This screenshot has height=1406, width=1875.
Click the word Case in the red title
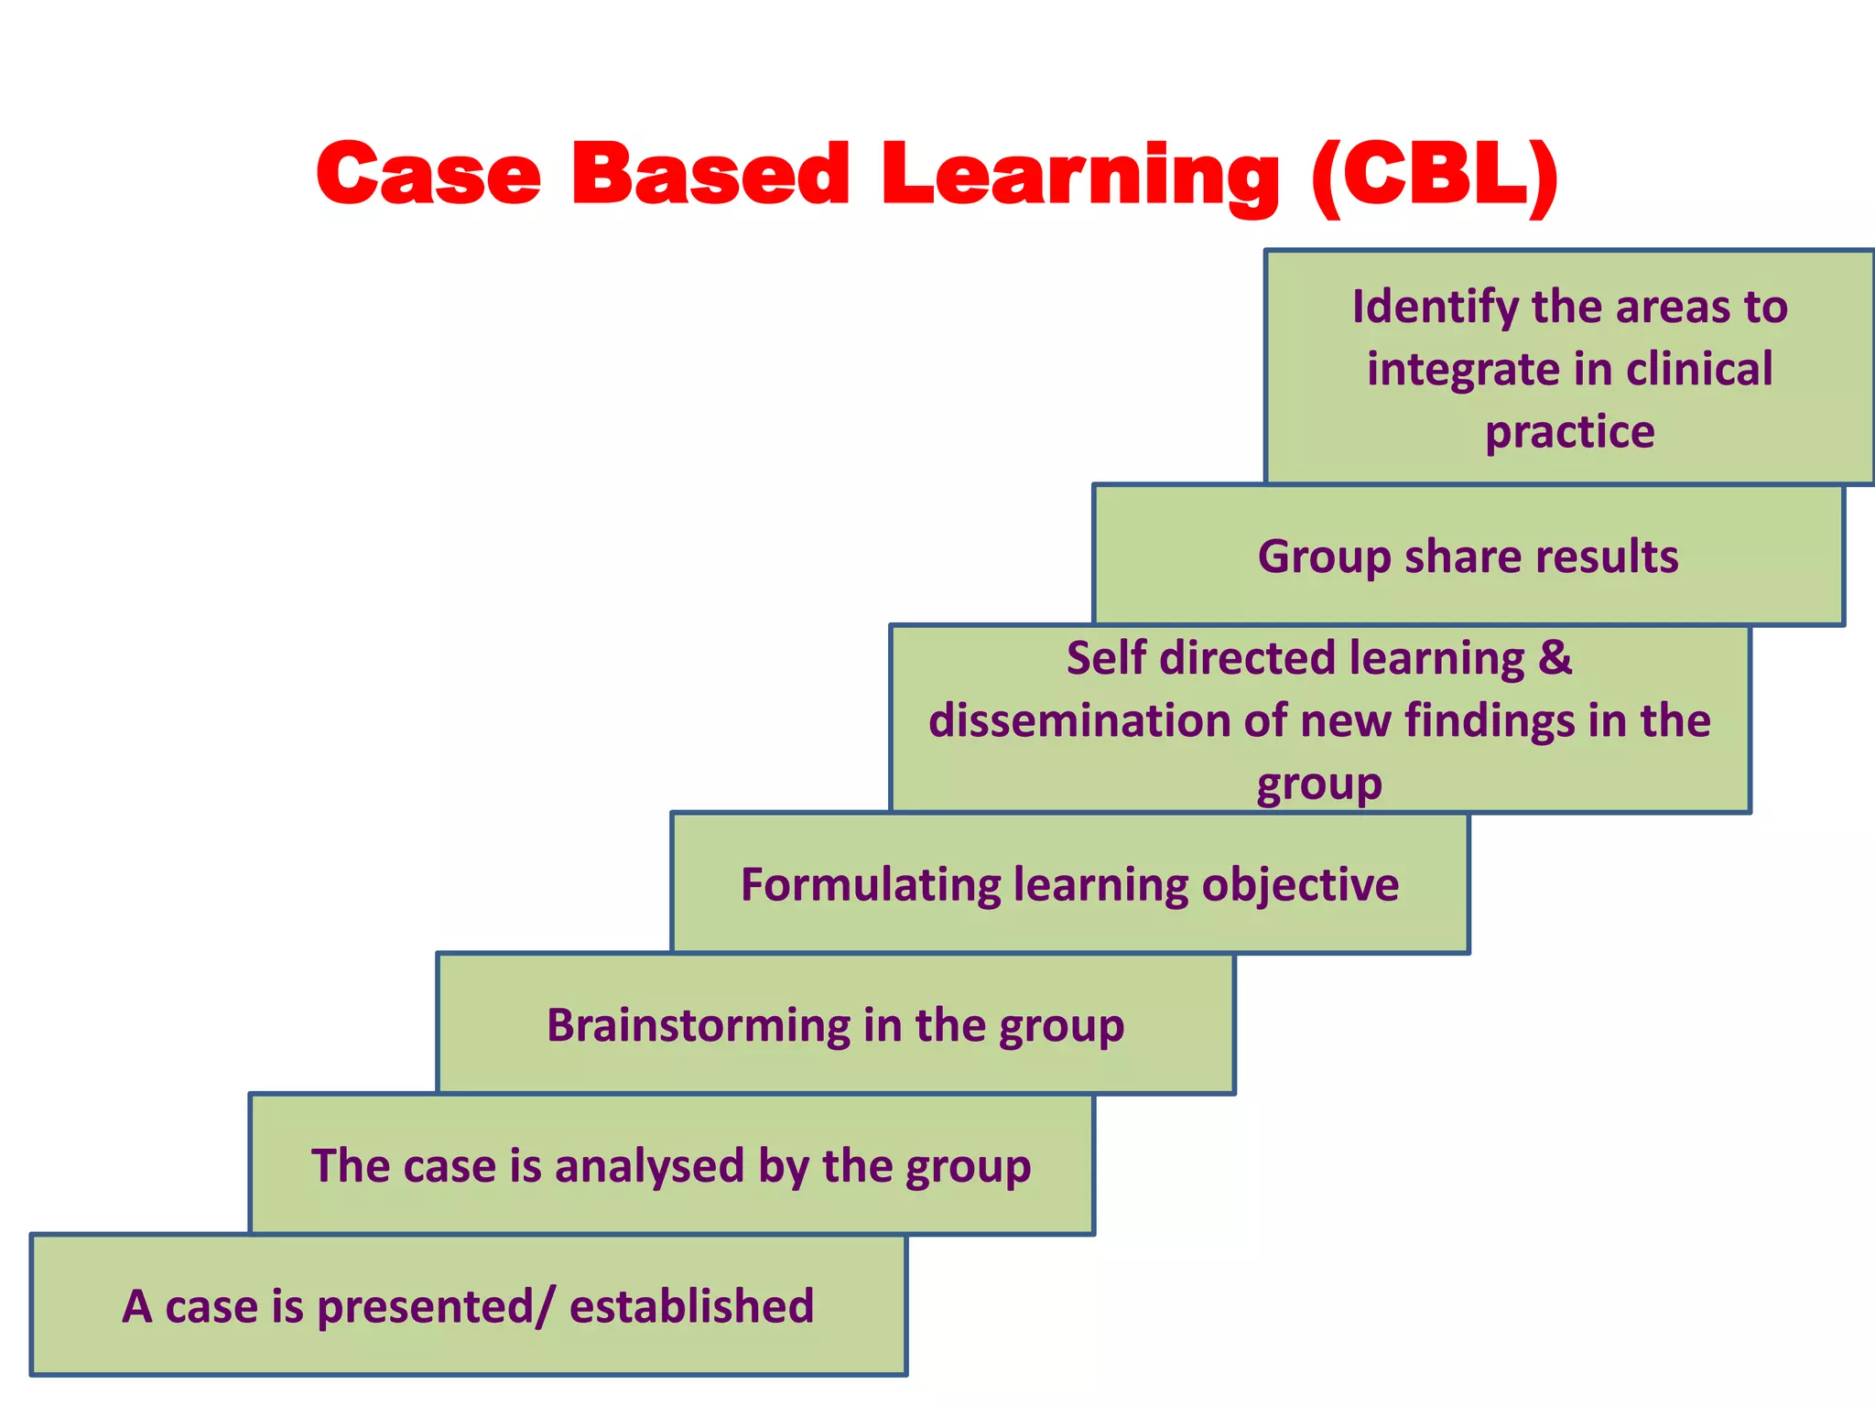[428, 174]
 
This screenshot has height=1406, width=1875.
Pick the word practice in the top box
[1569, 432]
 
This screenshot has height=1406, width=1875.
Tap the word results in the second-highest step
[1607, 557]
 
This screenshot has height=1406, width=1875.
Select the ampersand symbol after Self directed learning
[1555, 658]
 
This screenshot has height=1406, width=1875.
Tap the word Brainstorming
[699, 1025]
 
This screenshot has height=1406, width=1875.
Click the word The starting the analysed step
[350, 1166]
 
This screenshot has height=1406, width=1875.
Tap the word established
[691, 1306]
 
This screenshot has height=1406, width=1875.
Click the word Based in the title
[710, 174]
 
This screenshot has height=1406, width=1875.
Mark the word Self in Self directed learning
[1105, 658]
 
